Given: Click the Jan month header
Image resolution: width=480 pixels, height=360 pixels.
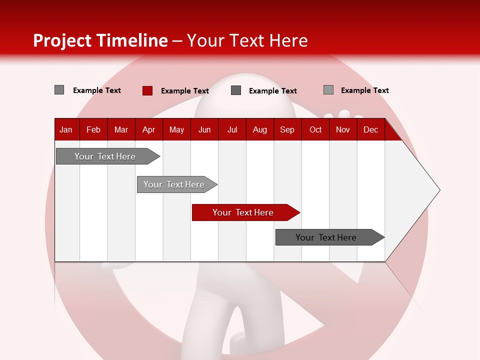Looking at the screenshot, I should point(66,129).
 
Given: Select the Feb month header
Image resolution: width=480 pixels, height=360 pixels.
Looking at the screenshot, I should point(93,129).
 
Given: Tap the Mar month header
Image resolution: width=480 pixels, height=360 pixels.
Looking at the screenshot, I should point(121,129).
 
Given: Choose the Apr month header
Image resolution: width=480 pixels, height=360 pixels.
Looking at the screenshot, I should point(149,129).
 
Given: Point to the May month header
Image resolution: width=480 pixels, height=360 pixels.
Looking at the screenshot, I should point(176,129).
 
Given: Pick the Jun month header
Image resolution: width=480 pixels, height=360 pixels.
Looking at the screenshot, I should point(204,129).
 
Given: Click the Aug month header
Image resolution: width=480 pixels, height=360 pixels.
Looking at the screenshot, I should point(260,129).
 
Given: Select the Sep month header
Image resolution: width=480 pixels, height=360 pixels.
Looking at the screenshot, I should point(287,129).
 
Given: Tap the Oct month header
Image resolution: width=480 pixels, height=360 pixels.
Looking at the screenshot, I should point(315,129).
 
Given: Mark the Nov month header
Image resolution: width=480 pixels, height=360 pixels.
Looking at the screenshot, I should point(343,129).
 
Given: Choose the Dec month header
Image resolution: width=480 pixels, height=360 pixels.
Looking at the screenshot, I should point(371,129).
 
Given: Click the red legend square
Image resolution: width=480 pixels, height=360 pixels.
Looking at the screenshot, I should point(147,90).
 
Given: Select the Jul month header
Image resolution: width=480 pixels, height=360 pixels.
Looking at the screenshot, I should point(232,129).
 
